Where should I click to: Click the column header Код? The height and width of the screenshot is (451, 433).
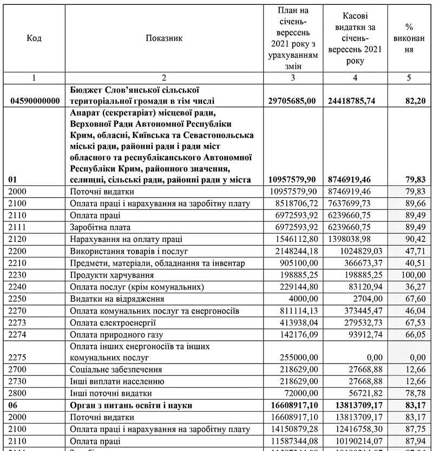point(34,38)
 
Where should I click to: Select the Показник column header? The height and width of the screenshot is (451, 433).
point(164,38)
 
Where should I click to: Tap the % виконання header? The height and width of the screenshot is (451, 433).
point(409,38)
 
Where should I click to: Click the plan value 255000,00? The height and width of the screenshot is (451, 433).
point(296,358)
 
